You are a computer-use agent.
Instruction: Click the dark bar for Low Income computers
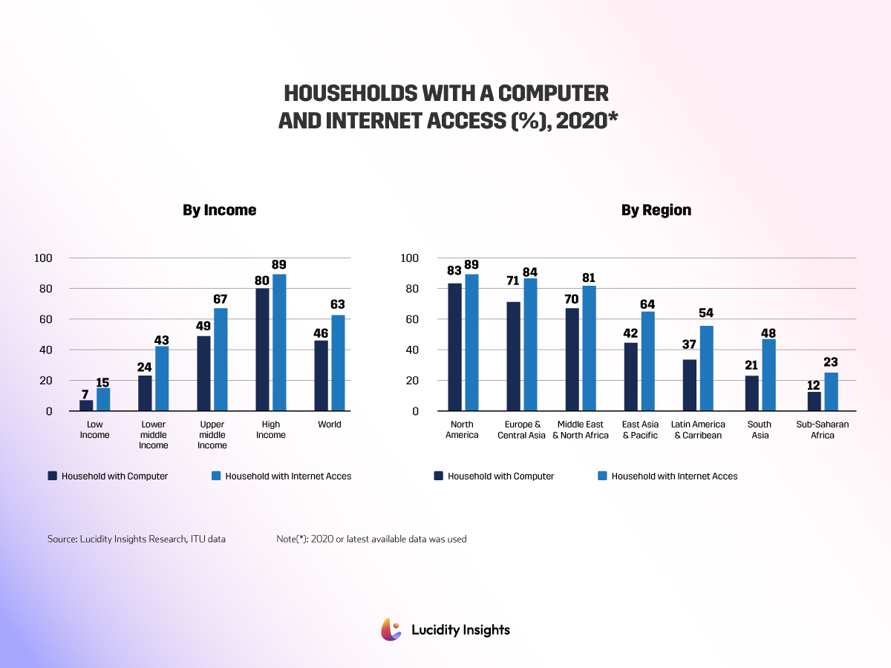(86, 405)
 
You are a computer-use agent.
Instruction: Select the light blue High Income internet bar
(279, 342)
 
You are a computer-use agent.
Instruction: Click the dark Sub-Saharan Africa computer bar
(814, 401)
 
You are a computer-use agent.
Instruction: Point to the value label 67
(220, 299)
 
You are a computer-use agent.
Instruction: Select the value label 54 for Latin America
(706, 312)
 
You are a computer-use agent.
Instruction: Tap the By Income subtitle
(219, 210)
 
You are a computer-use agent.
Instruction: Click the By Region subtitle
(656, 210)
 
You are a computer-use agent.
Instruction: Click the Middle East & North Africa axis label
(580, 430)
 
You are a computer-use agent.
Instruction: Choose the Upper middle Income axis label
(212, 435)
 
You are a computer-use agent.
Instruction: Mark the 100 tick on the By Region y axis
(410, 258)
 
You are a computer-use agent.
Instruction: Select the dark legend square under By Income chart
(52, 476)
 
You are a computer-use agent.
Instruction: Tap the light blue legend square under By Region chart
(601, 476)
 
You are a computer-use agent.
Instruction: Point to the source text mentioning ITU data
(137, 539)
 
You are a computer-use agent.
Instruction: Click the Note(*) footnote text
(371, 539)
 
